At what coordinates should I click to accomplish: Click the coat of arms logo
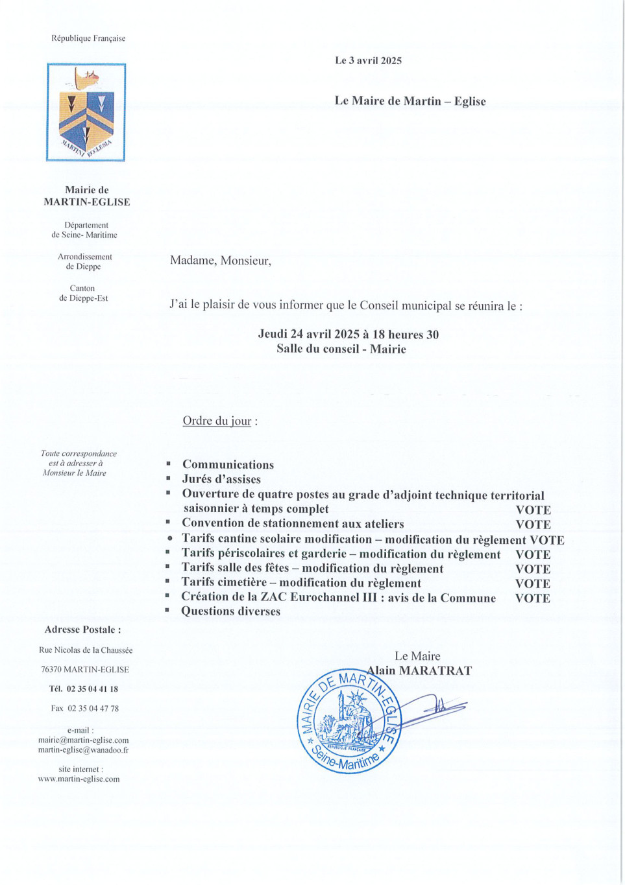(x=86, y=112)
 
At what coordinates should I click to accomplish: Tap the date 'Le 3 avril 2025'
(x=368, y=60)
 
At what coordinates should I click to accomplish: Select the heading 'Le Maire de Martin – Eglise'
(x=410, y=100)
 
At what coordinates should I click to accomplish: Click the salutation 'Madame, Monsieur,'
(x=221, y=261)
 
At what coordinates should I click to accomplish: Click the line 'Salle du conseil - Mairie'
(x=341, y=349)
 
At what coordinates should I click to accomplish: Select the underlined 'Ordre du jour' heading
(x=217, y=421)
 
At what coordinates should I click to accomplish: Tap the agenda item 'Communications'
(x=228, y=464)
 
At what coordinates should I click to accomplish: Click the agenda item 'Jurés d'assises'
(x=221, y=479)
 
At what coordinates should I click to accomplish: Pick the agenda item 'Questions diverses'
(x=231, y=611)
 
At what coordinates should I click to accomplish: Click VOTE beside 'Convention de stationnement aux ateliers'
(x=533, y=524)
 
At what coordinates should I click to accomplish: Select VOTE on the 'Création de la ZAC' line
(x=532, y=598)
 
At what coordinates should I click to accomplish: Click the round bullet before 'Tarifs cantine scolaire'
(x=169, y=538)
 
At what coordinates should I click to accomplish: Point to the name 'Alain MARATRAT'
(x=419, y=670)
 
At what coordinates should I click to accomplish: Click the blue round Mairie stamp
(x=349, y=721)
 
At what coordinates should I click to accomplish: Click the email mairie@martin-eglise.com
(x=83, y=740)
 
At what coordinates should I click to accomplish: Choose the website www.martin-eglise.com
(x=79, y=779)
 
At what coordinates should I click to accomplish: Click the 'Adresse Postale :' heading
(x=82, y=629)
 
